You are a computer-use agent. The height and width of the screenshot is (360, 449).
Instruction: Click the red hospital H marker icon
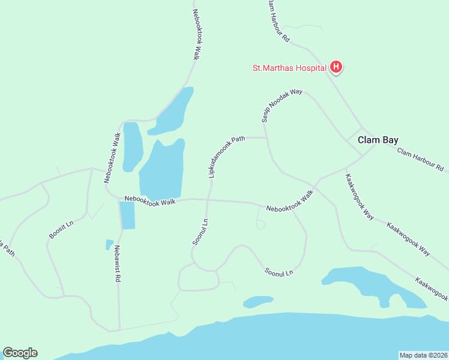coord(337,67)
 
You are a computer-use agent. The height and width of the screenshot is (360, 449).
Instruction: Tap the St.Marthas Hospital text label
coord(289,67)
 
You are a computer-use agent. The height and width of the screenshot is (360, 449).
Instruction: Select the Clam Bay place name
coord(378,140)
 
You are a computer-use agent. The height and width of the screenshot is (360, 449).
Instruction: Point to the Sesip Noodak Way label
coord(282,105)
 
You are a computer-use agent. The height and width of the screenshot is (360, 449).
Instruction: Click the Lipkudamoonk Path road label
coord(226,156)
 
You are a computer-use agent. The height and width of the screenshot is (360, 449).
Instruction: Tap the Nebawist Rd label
coord(118,264)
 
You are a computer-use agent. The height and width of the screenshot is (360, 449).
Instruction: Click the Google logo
coord(20,353)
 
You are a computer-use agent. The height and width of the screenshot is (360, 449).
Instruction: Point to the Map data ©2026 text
coord(423,355)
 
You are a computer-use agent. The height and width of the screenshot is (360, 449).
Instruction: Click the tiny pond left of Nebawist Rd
coord(109,244)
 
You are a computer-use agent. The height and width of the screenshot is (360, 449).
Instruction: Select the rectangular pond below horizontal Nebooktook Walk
coord(127,215)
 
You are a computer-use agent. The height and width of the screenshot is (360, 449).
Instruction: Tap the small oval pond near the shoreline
coord(258,301)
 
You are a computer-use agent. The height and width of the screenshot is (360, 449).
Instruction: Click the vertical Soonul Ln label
coord(200,231)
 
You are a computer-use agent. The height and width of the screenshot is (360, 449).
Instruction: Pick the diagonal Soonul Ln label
coord(279,272)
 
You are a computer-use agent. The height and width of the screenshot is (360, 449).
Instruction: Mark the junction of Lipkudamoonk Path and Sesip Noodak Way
coord(266,137)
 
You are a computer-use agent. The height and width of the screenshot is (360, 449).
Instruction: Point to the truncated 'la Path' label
coord(7,248)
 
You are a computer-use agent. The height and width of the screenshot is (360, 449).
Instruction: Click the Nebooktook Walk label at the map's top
coord(196,34)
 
